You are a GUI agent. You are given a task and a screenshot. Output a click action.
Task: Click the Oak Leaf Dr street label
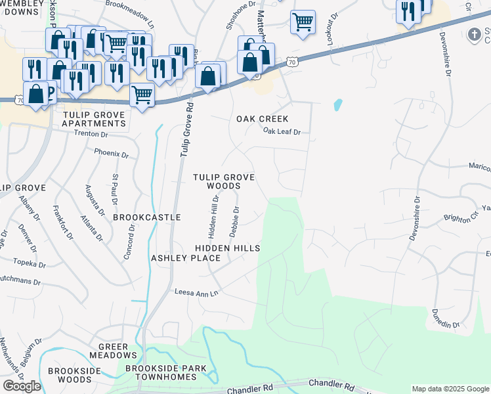[282, 132]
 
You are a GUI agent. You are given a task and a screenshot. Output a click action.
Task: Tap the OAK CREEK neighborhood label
[263, 119]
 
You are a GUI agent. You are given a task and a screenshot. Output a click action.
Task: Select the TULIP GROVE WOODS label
[223, 182]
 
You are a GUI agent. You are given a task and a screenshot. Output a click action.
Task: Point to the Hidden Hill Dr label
[213, 216]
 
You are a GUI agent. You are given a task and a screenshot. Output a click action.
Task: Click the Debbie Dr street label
[234, 223]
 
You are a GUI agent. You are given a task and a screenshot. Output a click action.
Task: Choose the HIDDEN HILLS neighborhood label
[228, 248]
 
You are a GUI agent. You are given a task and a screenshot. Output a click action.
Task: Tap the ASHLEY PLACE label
[186, 258]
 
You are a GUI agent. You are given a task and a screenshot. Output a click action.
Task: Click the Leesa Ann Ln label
[195, 292]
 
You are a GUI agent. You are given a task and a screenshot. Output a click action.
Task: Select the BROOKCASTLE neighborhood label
[146, 217]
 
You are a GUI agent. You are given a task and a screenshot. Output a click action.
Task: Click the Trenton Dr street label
[90, 134]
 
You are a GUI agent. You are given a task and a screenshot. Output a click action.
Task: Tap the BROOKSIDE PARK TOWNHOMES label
[161, 372]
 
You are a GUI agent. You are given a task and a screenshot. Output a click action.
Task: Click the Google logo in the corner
[22, 386]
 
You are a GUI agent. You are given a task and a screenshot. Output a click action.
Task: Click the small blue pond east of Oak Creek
[337, 104]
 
